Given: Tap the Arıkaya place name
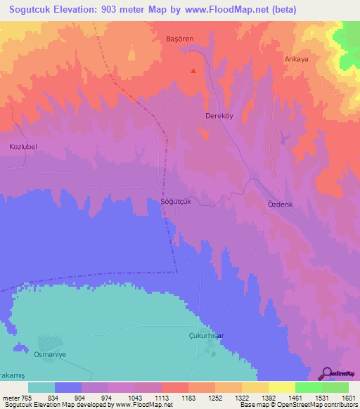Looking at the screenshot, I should pos(297,59).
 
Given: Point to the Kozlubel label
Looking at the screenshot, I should pos(22,147).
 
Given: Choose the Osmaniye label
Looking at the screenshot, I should pos(51,355).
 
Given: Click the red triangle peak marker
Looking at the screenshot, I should pos(195,70).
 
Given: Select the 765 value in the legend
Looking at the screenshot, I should pos(26,398).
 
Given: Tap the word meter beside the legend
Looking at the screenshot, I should pos(10,398).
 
